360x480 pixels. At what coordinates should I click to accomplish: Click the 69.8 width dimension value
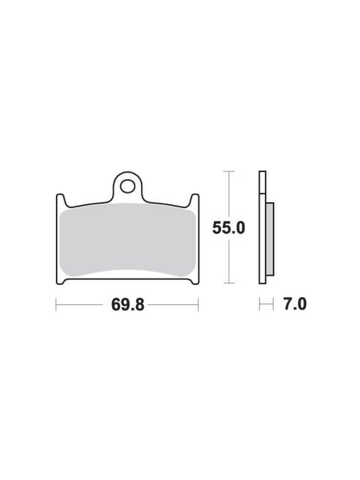(x=127, y=305)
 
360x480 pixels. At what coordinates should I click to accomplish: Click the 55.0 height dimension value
(x=228, y=228)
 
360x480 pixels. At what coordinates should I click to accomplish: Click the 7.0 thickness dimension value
(x=295, y=304)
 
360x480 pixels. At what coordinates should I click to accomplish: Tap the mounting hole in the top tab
(x=127, y=186)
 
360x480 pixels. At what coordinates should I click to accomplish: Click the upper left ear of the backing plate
(x=60, y=199)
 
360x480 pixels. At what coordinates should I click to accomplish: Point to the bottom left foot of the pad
(x=60, y=281)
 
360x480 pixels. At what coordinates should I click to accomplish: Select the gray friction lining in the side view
(x=270, y=239)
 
